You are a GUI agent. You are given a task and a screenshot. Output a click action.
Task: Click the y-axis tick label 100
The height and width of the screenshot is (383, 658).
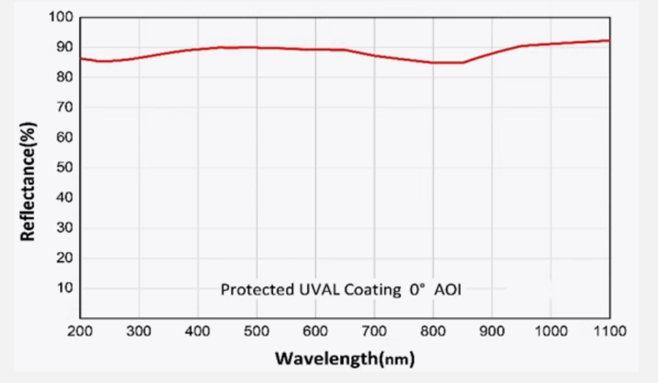click(61, 17)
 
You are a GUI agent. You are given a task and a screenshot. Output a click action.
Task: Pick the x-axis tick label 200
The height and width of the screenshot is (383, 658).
click(80, 331)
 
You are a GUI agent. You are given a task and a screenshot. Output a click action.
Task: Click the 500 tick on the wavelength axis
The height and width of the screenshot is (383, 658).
click(256, 331)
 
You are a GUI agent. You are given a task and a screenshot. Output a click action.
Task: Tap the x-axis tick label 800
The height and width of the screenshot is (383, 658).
click(433, 331)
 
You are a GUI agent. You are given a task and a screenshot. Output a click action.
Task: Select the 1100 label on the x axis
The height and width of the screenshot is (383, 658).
click(610, 331)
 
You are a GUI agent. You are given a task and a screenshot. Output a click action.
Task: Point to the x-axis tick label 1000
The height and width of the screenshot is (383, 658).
click(551, 331)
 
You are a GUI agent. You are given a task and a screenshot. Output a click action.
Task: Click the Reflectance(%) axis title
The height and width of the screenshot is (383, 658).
click(28, 181)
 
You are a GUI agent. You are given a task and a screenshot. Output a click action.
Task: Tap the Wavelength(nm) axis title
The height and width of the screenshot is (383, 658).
click(345, 358)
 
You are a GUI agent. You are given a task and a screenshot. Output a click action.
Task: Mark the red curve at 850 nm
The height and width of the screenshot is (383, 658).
click(463, 63)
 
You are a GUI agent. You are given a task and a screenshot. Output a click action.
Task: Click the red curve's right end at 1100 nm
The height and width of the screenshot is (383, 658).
click(609, 40)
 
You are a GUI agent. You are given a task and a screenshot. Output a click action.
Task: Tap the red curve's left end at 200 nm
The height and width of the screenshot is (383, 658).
click(81, 58)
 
